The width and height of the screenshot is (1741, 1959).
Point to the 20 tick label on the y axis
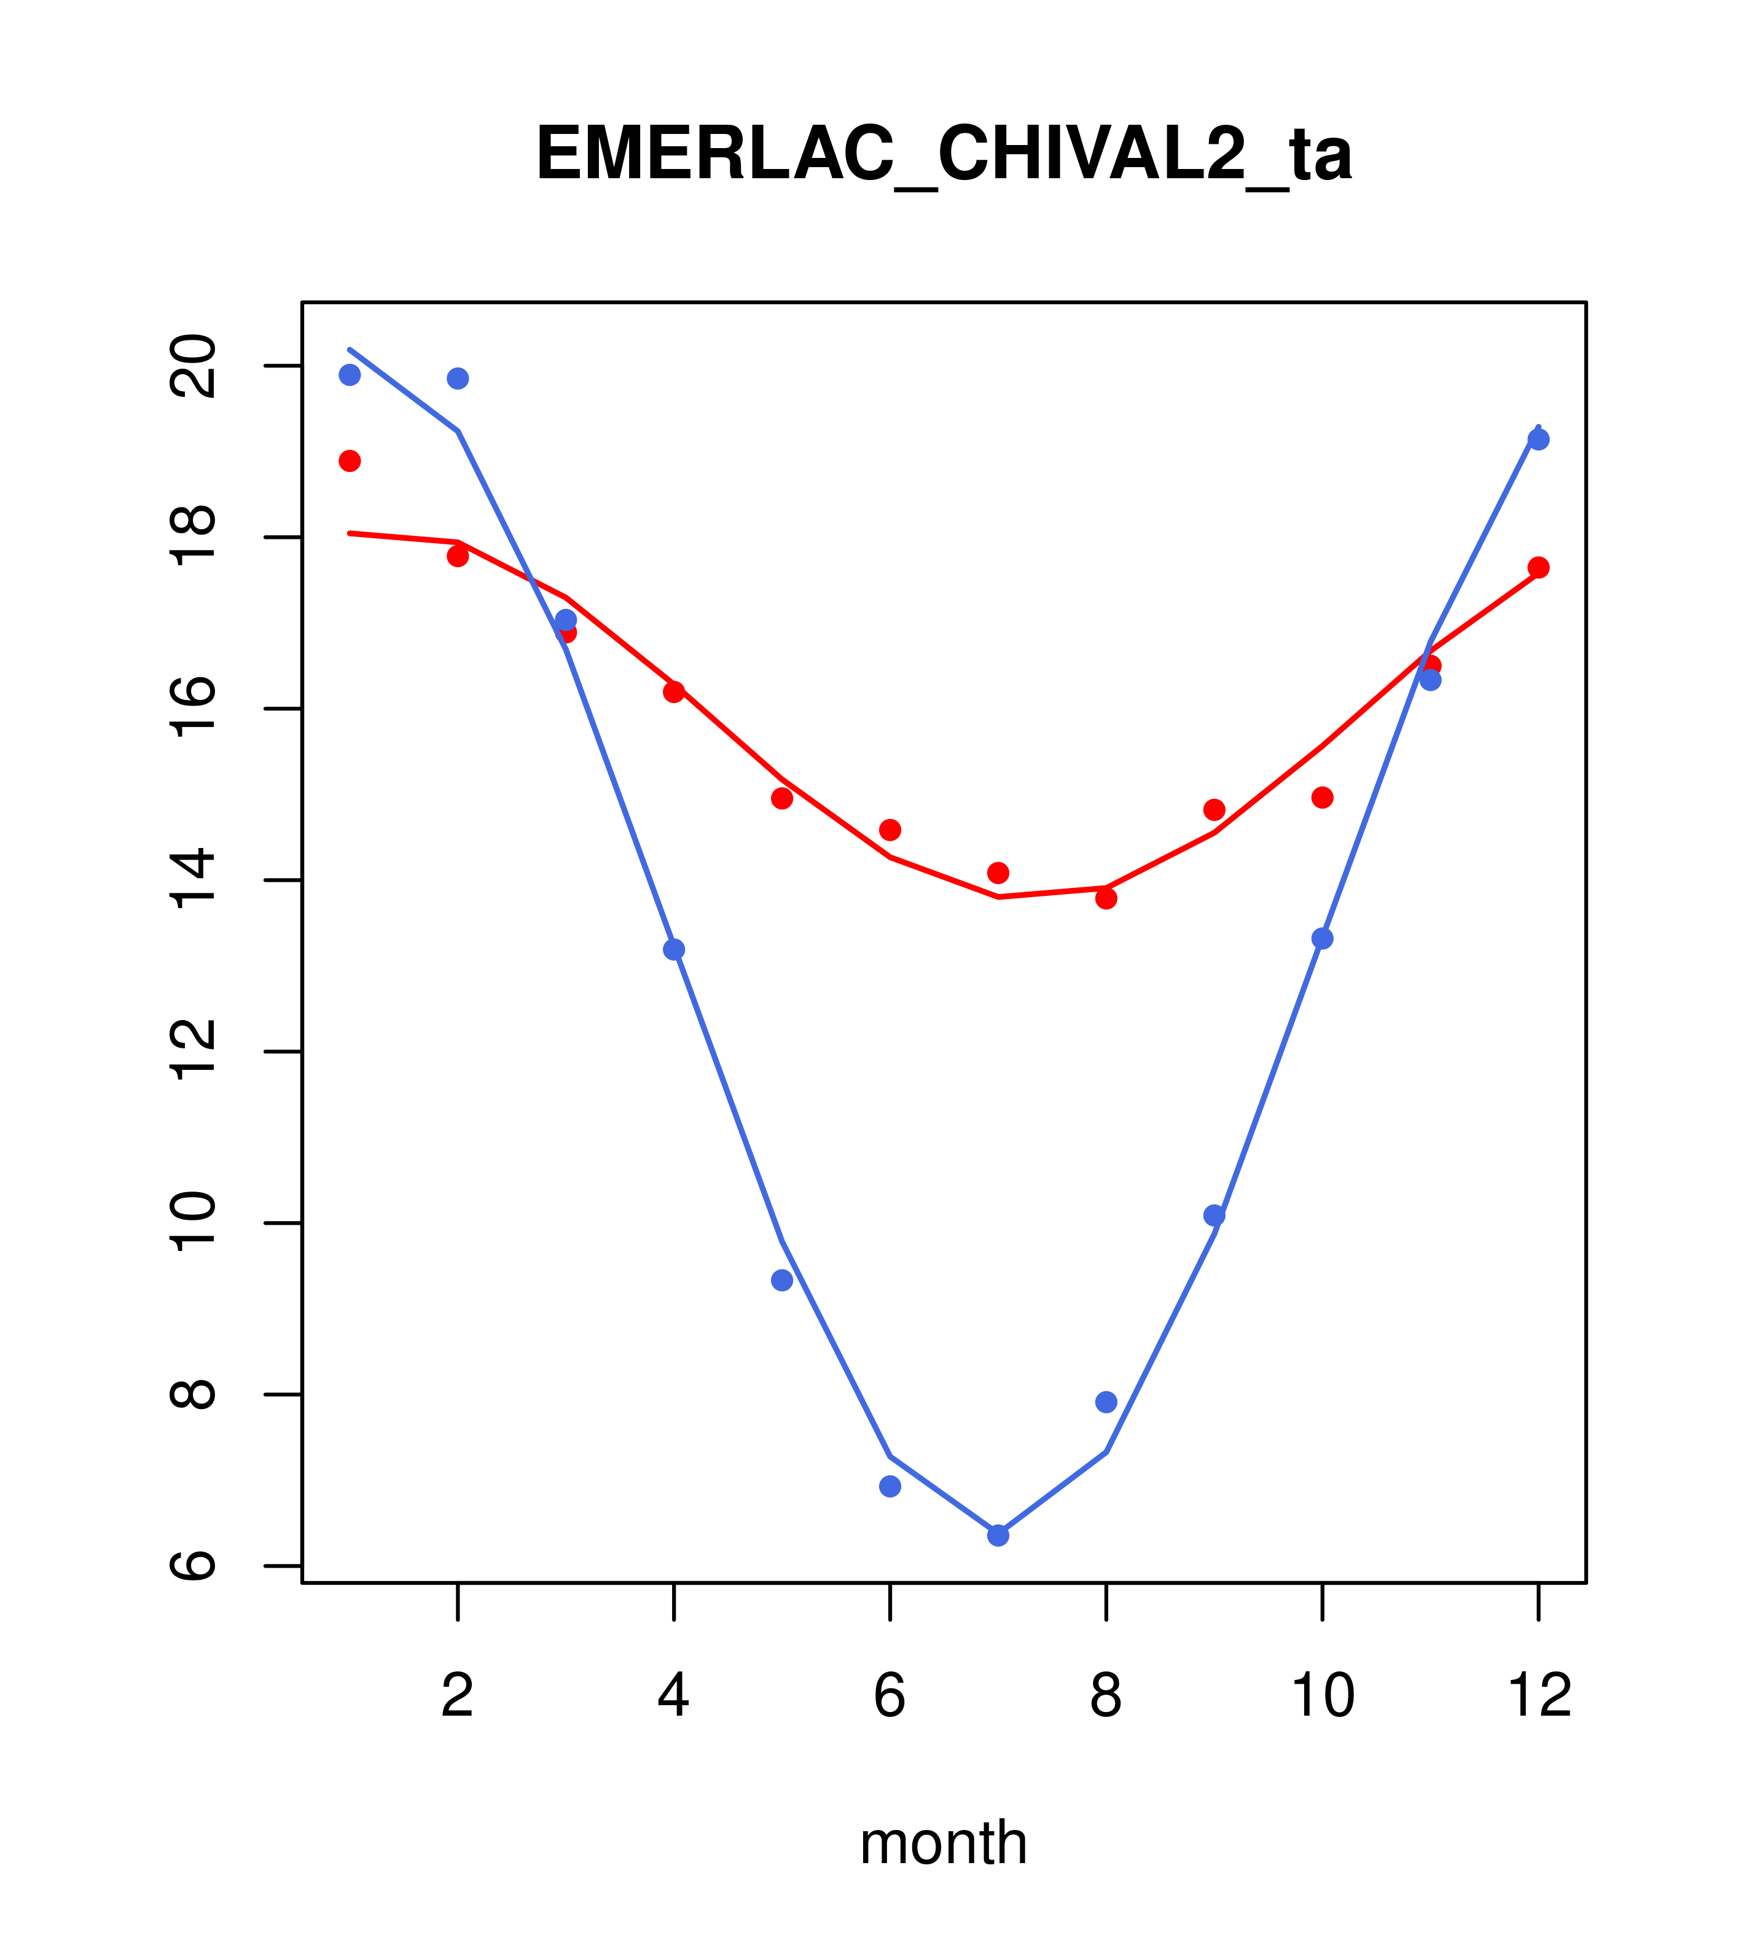193,366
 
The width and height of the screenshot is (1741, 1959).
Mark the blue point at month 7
998,1536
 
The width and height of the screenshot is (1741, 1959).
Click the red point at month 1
350,461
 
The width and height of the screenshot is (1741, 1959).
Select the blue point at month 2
458,379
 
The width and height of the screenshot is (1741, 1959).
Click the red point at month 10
1322,798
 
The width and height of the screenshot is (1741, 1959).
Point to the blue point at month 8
1106,1402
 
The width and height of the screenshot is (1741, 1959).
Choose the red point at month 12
1539,567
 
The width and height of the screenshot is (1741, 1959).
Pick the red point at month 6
890,829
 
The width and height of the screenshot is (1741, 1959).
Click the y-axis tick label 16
193,709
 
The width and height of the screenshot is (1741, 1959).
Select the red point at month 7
998,872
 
